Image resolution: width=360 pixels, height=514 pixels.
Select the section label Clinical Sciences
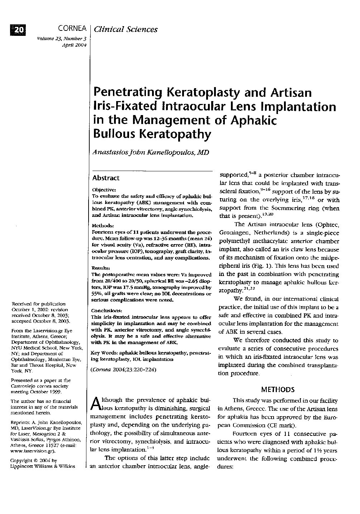[125, 29]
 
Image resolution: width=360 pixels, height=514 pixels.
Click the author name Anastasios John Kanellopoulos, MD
[150, 152]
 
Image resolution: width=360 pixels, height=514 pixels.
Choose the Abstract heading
[106, 178]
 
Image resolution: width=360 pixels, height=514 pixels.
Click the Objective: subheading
[104, 190]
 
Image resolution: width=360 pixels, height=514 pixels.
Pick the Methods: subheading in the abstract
[103, 226]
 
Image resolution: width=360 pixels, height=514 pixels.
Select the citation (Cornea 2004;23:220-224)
[124, 370]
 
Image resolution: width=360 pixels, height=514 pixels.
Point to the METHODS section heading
[278, 390]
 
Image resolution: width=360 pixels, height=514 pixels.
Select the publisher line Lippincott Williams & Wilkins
[43, 466]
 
